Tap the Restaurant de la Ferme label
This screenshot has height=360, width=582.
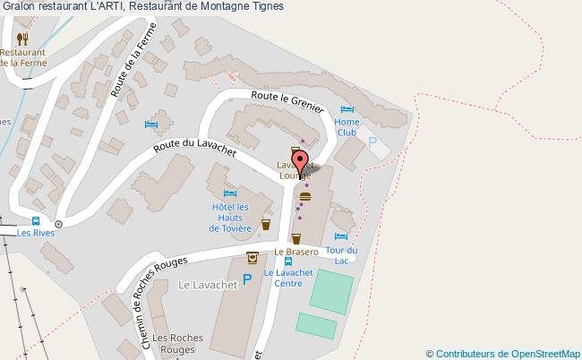coord(22,56)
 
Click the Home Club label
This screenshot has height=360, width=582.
coord(347,126)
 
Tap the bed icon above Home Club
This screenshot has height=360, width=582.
coord(347,110)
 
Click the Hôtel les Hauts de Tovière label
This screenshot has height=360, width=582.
coord(230,218)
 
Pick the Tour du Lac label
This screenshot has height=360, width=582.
coord(341,254)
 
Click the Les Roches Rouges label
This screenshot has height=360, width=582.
coord(176,343)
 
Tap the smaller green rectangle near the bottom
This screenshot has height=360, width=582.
coord(315,326)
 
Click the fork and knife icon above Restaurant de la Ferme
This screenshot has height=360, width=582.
coord(21,39)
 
